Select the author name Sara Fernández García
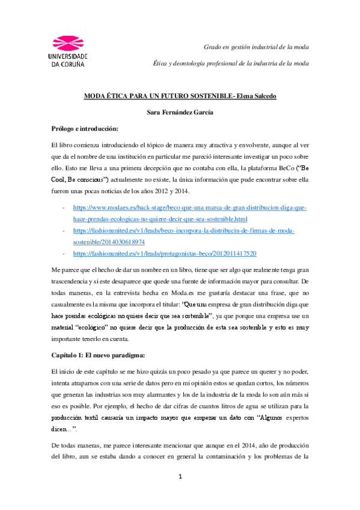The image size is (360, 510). [x=180, y=112]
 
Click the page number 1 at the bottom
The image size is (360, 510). [x=180, y=493]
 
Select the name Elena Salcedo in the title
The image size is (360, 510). [x=257, y=95]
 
